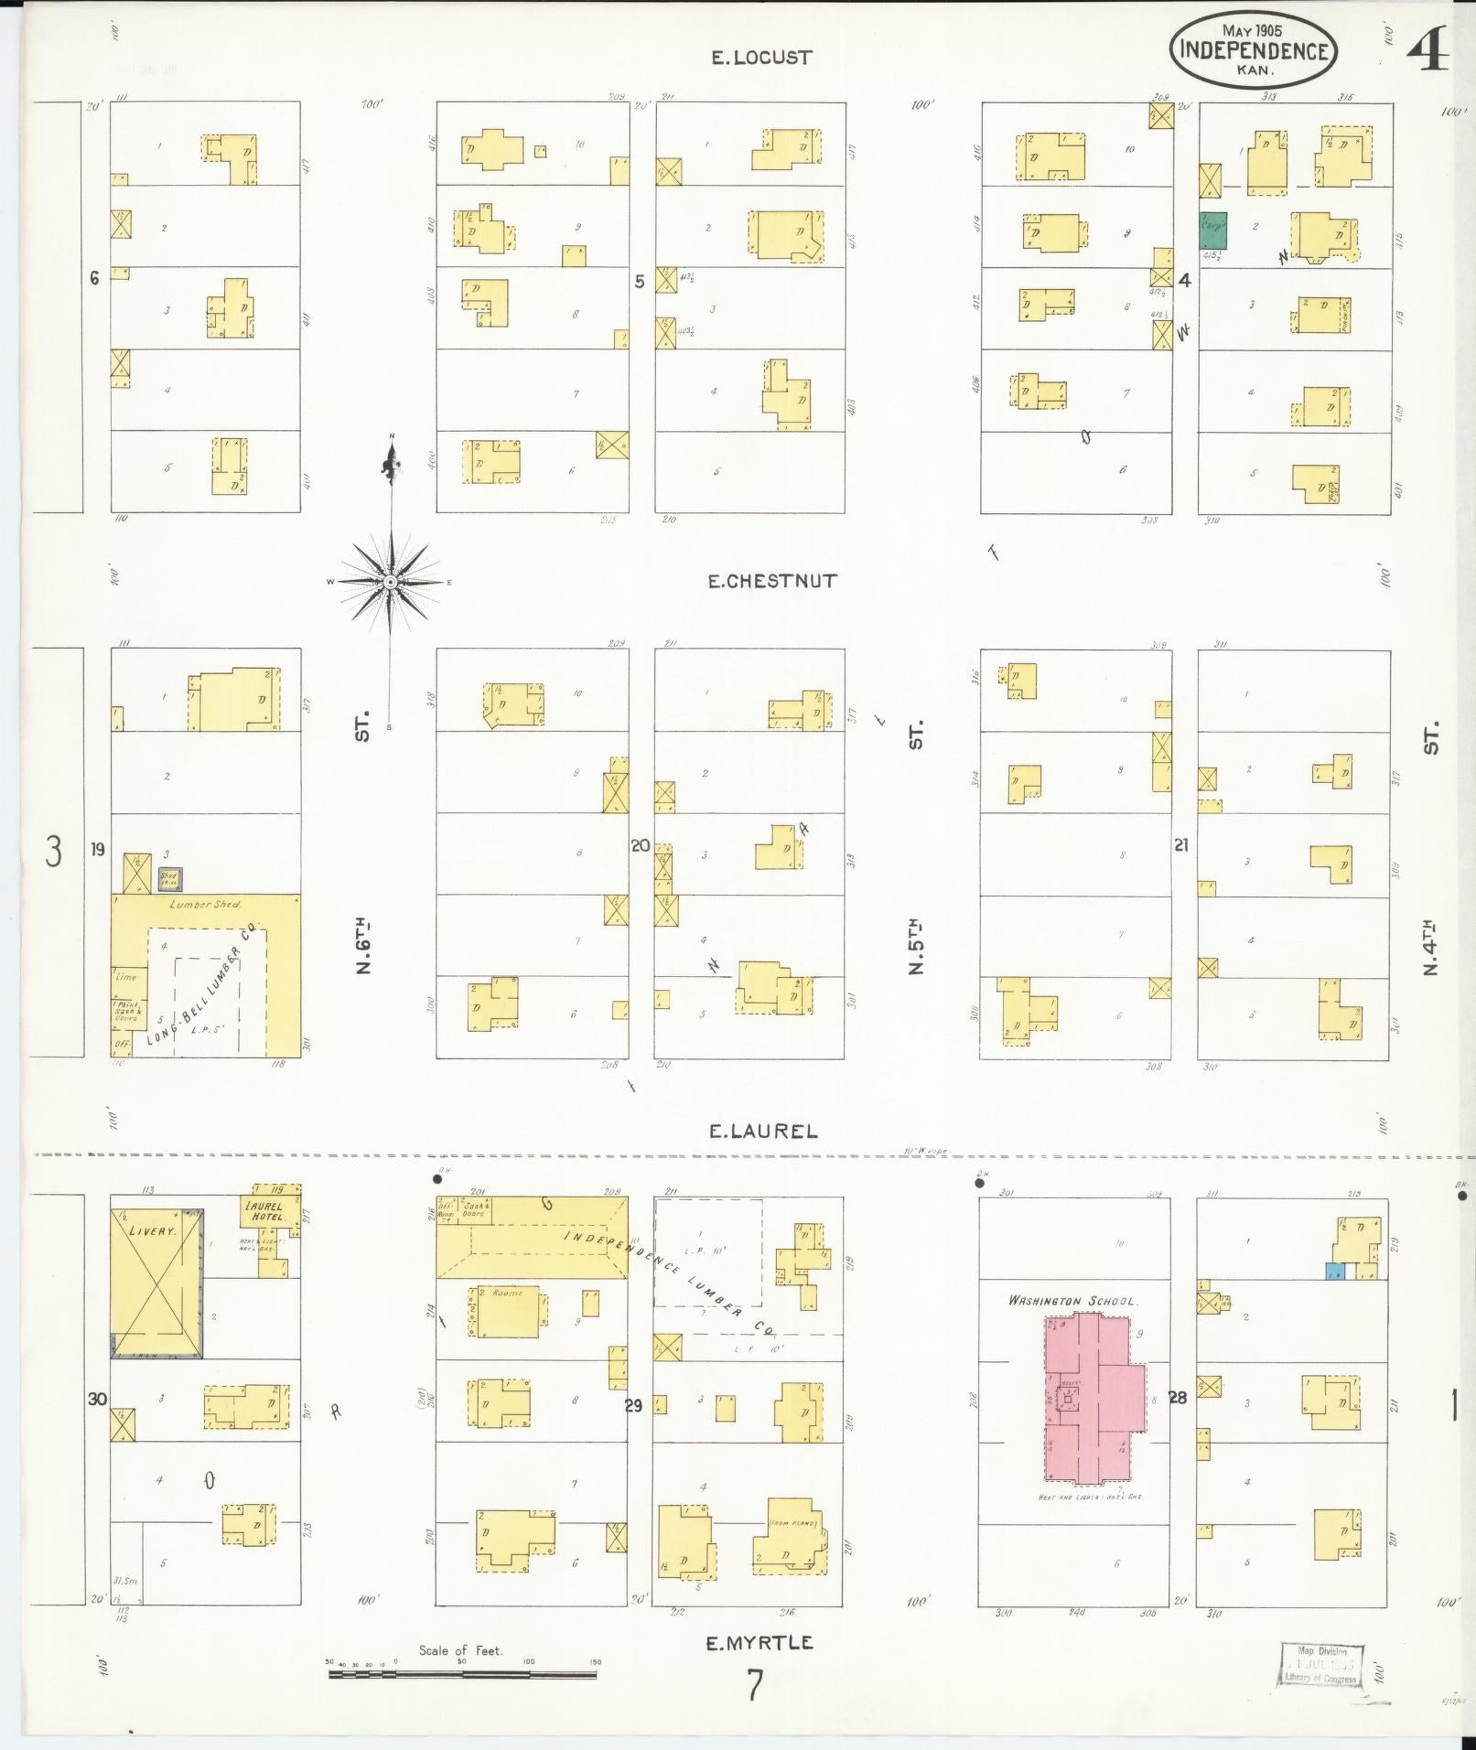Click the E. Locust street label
tap(761, 58)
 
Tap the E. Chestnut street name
tap(771, 581)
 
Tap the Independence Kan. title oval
tap(1253, 50)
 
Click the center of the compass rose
tap(391, 582)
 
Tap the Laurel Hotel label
tap(264, 1211)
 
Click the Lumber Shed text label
tap(206, 904)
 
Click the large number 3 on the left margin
tap(54, 852)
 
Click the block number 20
tap(640, 846)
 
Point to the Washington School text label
tap(1072, 1300)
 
